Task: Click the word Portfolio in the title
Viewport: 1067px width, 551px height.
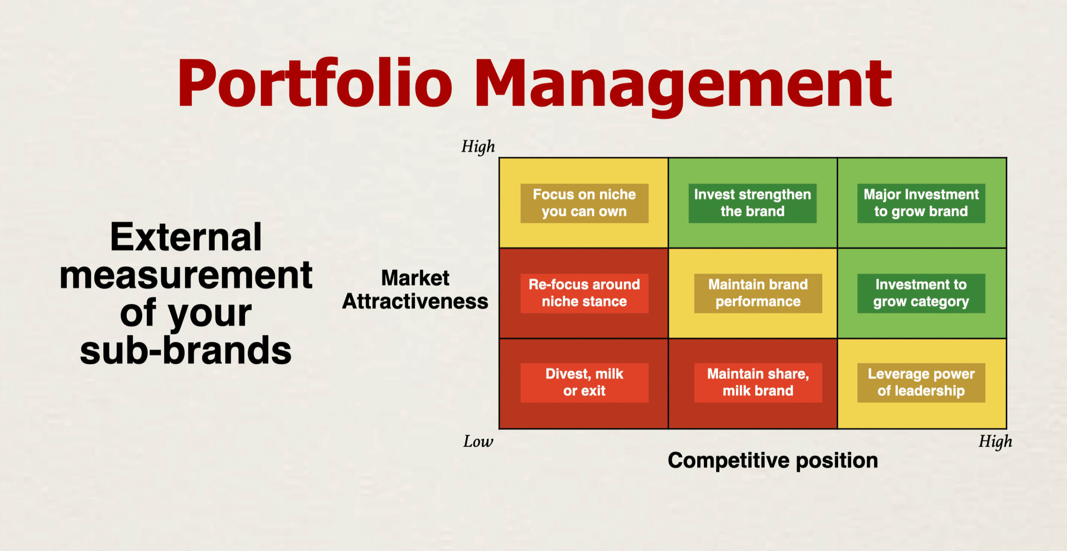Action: pyautogui.click(x=315, y=82)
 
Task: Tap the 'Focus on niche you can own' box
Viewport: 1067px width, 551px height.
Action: pyautogui.click(x=584, y=203)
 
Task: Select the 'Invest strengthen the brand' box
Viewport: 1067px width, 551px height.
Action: pyautogui.click(x=752, y=203)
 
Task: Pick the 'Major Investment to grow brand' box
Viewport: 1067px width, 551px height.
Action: pyautogui.click(x=921, y=203)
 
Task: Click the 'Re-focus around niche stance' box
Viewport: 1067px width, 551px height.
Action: pyautogui.click(x=584, y=293)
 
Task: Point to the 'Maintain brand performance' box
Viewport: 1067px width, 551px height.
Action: pyautogui.click(x=758, y=293)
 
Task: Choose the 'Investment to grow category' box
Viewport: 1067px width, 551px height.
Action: pyautogui.click(x=921, y=293)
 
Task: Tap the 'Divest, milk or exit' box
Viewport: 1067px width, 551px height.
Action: pyautogui.click(x=584, y=383)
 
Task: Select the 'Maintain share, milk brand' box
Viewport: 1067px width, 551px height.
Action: pyautogui.click(x=758, y=383)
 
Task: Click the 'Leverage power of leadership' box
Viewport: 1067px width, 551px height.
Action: pyautogui.click(x=921, y=383)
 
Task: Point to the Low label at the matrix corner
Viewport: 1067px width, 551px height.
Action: pyautogui.click(x=478, y=441)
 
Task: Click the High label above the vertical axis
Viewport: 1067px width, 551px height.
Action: pyautogui.click(x=478, y=147)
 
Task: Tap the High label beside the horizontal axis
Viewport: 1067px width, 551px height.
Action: pyautogui.click(x=995, y=441)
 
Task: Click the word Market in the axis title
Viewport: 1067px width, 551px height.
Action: pyautogui.click(x=415, y=278)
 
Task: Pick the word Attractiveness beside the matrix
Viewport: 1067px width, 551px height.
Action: pyautogui.click(x=415, y=301)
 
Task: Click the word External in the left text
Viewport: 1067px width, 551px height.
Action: pyautogui.click(x=186, y=237)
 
